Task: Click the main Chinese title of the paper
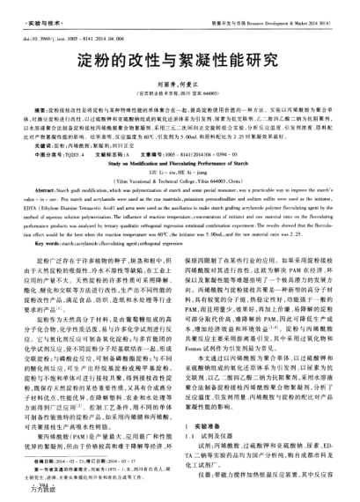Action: [x=179, y=67]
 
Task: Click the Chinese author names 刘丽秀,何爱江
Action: [x=179, y=88]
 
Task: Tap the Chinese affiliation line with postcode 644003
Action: [x=179, y=97]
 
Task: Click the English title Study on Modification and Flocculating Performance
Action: [x=180, y=162]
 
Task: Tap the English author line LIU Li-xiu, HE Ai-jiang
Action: [x=180, y=172]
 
